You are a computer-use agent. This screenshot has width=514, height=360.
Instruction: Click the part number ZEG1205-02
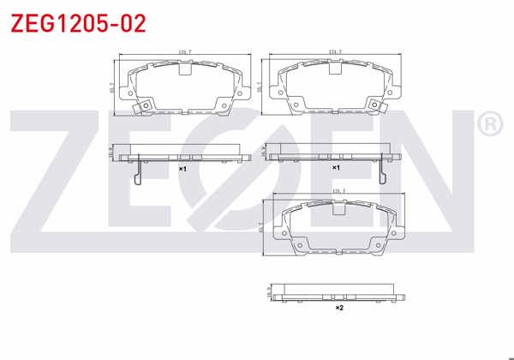(78, 23)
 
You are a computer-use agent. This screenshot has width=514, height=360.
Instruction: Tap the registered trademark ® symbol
(489, 125)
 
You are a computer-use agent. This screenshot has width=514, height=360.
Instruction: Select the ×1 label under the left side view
(182, 170)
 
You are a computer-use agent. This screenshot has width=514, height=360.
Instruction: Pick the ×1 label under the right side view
(337, 169)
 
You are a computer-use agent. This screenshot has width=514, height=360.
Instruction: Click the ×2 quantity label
(338, 307)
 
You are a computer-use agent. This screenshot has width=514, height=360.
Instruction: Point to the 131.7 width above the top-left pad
(182, 53)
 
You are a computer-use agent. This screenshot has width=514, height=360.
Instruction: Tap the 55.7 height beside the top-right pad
(260, 87)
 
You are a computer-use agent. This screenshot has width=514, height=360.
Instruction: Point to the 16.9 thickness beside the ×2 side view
(269, 293)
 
